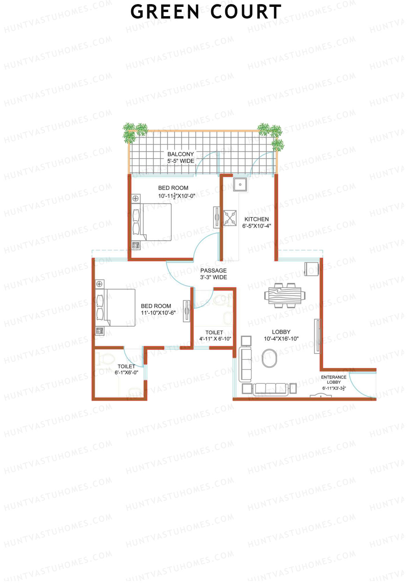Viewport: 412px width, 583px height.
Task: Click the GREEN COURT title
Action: click(206, 12)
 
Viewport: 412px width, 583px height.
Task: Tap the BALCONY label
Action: click(181, 154)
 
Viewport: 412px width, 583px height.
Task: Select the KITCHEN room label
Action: click(256, 219)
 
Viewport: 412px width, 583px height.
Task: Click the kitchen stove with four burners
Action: click(230, 218)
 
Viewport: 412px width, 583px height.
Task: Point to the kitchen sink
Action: click(240, 184)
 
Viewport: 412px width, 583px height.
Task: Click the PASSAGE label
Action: click(213, 271)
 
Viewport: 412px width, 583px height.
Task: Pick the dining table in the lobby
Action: click(285, 295)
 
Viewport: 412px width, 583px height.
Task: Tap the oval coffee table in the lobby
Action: click(269, 358)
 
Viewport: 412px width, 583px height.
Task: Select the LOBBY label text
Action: click(281, 332)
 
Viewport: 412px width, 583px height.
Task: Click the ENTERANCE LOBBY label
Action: click(333, 380)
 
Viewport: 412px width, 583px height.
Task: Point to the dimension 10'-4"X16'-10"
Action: click(281, 339)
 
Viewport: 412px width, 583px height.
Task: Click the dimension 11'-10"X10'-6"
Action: click(158, 313)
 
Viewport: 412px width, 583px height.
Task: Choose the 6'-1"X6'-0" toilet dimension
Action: click(126, 372)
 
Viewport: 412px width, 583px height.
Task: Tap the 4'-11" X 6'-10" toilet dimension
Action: click(215, 339)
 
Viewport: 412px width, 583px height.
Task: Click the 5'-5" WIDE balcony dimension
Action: click(181, 161)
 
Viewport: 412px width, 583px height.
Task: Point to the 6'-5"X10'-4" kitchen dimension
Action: click(256, 226)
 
